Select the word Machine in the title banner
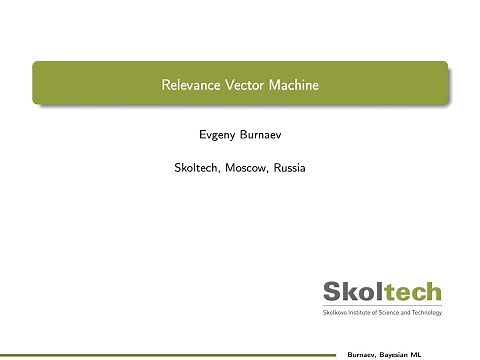(293, 85)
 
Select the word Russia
(291, 168)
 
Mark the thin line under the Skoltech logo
(381, 307)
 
